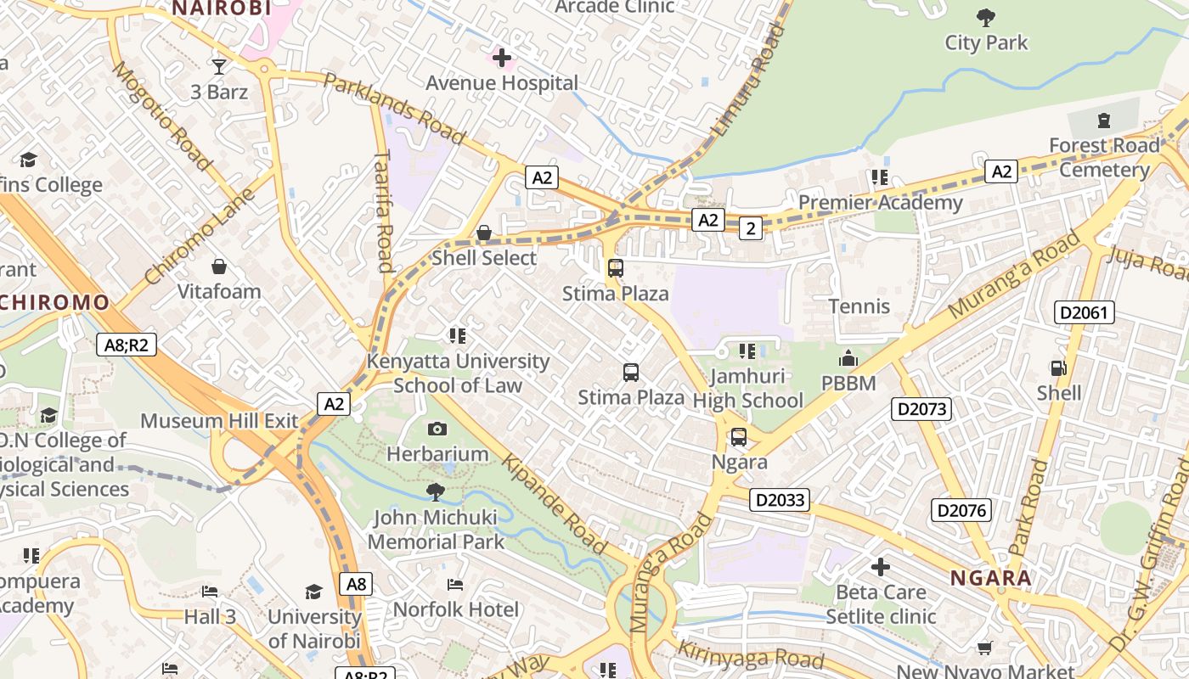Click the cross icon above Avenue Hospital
502,58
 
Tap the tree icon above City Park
985,17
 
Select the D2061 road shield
1084,312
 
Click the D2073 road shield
921,409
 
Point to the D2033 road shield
780,500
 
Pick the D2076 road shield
961,510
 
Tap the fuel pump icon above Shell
1058,368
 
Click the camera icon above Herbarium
437,429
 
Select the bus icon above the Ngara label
739,437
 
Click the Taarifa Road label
384,211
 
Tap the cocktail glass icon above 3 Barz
219,66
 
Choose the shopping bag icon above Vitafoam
219,267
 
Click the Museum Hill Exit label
219,421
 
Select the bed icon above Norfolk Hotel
455,585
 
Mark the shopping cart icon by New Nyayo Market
984,648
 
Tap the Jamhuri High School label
747,388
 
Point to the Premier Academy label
880,203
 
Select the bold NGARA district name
990,579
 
